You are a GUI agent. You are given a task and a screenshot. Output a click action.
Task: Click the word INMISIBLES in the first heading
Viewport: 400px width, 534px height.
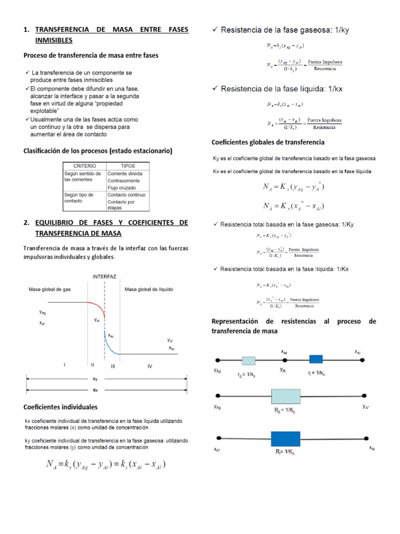[x=54, y=41]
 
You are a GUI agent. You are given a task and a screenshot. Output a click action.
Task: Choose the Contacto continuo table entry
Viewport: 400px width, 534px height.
[x=127, y=195]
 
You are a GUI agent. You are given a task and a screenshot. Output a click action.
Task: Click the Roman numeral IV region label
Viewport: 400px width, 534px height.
[x=149, y=366]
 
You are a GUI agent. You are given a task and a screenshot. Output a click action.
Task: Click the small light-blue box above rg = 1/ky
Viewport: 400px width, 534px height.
[x=248, y=360]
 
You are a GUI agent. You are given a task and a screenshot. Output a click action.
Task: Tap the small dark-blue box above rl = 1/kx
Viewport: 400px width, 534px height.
[x=316, y=359]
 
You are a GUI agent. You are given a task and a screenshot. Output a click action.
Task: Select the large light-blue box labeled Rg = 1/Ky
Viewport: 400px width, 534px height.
[x=286, y=396]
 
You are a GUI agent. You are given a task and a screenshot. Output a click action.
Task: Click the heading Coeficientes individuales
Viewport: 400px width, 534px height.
[x=60, y=406]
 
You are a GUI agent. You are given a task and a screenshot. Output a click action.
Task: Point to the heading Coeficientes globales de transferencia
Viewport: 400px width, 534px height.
[x=268, y=142]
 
